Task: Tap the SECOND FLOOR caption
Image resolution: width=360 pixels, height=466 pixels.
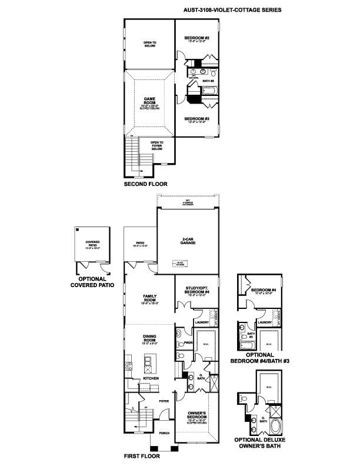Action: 145,184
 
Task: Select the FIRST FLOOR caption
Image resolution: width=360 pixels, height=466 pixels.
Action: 142,455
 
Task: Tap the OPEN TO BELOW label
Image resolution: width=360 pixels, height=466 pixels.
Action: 149,44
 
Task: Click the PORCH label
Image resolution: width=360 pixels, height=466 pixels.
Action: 165,432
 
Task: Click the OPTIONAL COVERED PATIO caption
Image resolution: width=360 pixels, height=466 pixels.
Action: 92,282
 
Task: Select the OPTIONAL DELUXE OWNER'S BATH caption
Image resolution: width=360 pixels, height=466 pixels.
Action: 261,443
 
